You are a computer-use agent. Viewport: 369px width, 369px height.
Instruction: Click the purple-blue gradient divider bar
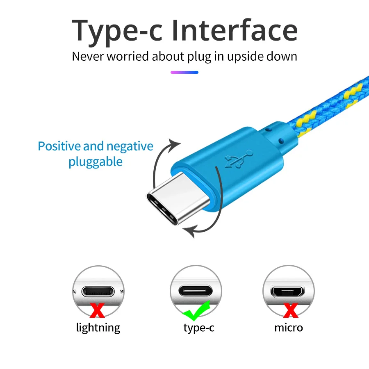pyautogui.click(x=184, y=72)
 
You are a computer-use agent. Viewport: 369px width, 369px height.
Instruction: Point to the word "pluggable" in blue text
pyautogui.click(x=96, y=162)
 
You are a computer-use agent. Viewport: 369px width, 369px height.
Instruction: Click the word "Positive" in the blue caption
pyautogui.click(x=59, y=146)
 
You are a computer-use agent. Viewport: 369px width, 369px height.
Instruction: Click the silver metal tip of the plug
pyautogui.click(x=172, y=201)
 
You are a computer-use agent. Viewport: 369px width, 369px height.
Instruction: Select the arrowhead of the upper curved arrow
pyautogui.click(x=175, y=144)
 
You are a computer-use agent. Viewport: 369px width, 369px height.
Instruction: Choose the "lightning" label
pyautogui.click(x=98, y=328)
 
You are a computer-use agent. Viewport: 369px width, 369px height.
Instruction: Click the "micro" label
pyautogui.click(x=289, y=328)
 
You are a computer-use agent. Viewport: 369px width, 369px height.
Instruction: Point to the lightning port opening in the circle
pyautogui.click(x=98, y=292)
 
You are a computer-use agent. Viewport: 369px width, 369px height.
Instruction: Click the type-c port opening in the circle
pyautogui.click(x=196, y=292)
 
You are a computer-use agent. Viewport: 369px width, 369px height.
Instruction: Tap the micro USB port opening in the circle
pyautogui.click(x=288, y=292)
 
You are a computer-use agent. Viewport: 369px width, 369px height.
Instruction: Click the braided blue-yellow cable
pyautogui.click(x=328, y=111)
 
